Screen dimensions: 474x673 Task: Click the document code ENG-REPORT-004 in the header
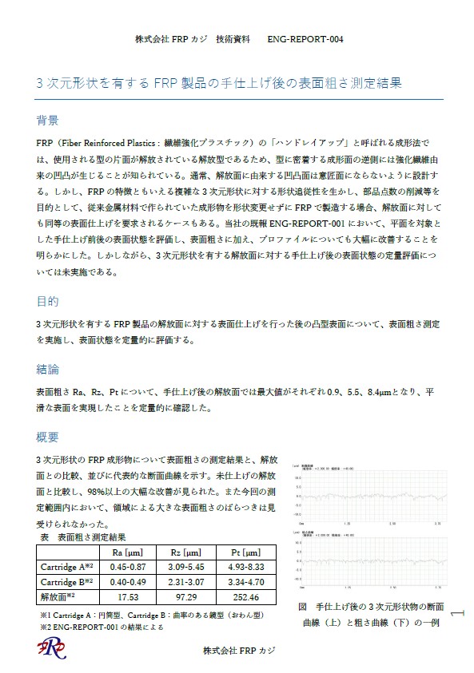tap(305, 38)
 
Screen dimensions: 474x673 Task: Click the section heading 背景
tap(47, 121)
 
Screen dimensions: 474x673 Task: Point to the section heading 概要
tap(47, 437)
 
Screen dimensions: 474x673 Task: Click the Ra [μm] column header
tap(126, 552)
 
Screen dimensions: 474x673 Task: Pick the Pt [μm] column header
tap(245, 552)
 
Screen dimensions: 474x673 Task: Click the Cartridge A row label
tap(67, 566)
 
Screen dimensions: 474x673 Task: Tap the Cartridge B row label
tap(67, 581)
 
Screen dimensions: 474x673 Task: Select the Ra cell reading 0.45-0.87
tap(126, 566)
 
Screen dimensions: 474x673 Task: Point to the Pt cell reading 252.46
tap(245, 596)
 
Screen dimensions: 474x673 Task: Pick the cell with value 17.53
tap(126, 596)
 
